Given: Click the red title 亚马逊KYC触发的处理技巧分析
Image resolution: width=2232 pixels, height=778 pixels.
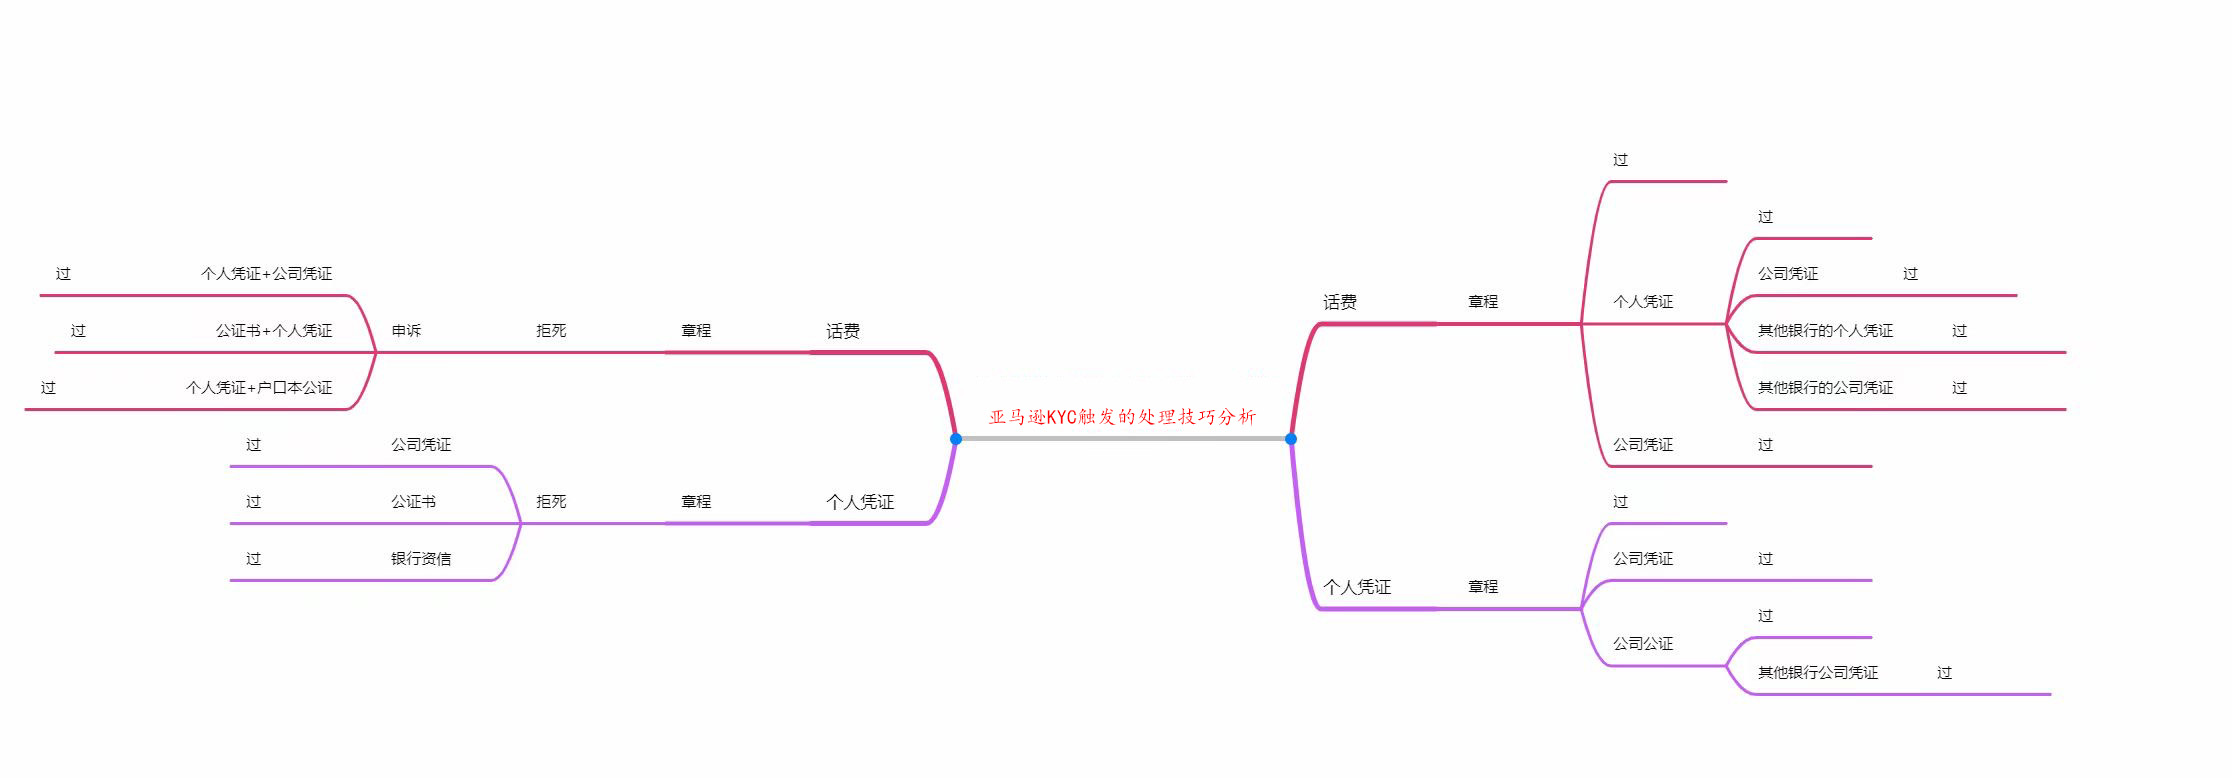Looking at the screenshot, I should (x=1122, y=417).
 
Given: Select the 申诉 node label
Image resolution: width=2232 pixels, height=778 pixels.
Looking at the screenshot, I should (x=406, y=330).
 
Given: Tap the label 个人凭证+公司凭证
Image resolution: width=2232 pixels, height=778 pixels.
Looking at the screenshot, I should (x=266, y=273).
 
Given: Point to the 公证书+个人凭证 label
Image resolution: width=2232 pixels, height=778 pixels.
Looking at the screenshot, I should (x=273, y=330).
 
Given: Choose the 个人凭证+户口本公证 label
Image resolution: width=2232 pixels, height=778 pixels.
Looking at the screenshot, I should (x=258, y=387).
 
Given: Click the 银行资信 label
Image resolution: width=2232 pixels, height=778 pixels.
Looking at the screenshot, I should (x=420, y=558).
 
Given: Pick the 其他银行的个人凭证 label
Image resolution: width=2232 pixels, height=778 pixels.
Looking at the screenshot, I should (x=1825, y=330).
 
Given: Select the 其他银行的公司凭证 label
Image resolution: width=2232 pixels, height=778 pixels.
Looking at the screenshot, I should (x=1825, y=387).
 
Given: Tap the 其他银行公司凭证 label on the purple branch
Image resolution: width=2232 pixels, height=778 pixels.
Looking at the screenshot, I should (x=1817, y=672).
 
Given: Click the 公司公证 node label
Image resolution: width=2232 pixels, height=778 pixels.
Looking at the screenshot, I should (x=1642, y=643).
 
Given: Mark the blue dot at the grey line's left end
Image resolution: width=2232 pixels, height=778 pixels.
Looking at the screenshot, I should (x=956, y=439).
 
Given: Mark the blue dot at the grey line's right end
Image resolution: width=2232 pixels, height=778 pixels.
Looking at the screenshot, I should (x=1291, y=439).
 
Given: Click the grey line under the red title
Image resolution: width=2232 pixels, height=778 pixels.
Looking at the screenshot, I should (x=1123, y=439).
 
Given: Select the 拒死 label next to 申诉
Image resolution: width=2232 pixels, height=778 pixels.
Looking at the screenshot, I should (x=551, y=330).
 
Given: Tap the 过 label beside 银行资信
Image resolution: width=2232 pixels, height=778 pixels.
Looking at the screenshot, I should (x=253, y=558).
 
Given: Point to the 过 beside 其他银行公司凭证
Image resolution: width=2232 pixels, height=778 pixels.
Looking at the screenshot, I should (x=1944, y=672).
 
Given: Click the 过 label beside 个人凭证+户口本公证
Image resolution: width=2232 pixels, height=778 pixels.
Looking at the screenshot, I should (x=48, y=387).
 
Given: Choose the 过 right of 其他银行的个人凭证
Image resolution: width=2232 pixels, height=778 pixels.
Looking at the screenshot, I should (x=1959, y=330).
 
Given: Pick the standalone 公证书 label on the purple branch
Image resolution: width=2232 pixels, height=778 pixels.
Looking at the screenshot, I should (x=413, y=501).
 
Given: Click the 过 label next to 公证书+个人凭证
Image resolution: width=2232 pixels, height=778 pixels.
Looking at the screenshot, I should (x=78, y=330).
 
